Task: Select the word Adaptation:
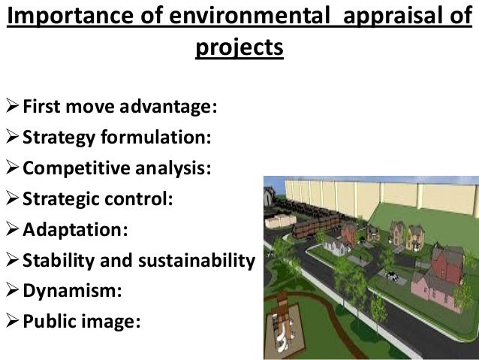tap(75, 228)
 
